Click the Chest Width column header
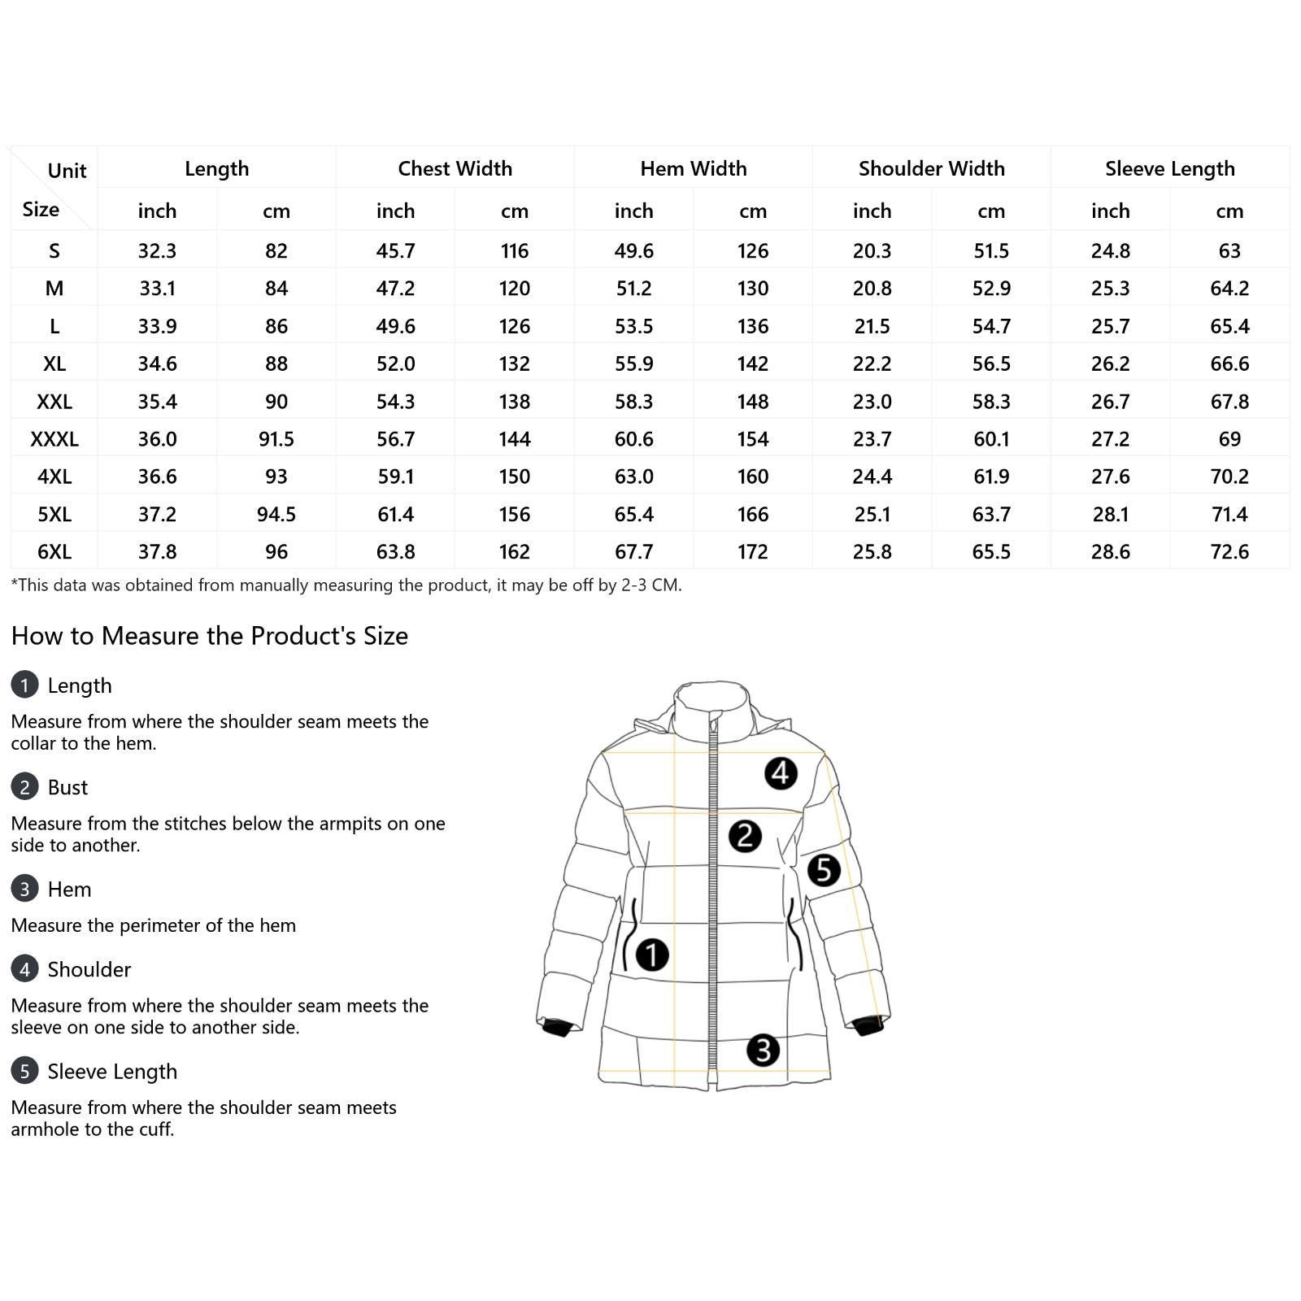coord(455,168)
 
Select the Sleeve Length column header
coord(1169,168)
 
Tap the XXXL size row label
coord(54,439)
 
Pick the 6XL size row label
coord(54,551)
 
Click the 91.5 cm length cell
coord(276,439)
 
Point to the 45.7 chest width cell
coord(395,250)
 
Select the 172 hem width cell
coord(752,551)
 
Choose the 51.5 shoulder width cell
coord(991,250)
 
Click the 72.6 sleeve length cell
coord(1229,551)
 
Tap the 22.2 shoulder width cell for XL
coord(872,363)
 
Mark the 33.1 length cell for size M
coord(157,288)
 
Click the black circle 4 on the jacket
coord(781,772)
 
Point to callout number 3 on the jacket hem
coord(763,1050)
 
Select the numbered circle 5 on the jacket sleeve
coord(824,869)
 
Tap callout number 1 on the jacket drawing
coord(651,955)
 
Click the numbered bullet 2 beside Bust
coord(24,787)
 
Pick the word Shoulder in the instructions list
coord(89,969)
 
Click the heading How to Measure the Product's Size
coord(210,636)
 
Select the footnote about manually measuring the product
coord(346,585)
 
